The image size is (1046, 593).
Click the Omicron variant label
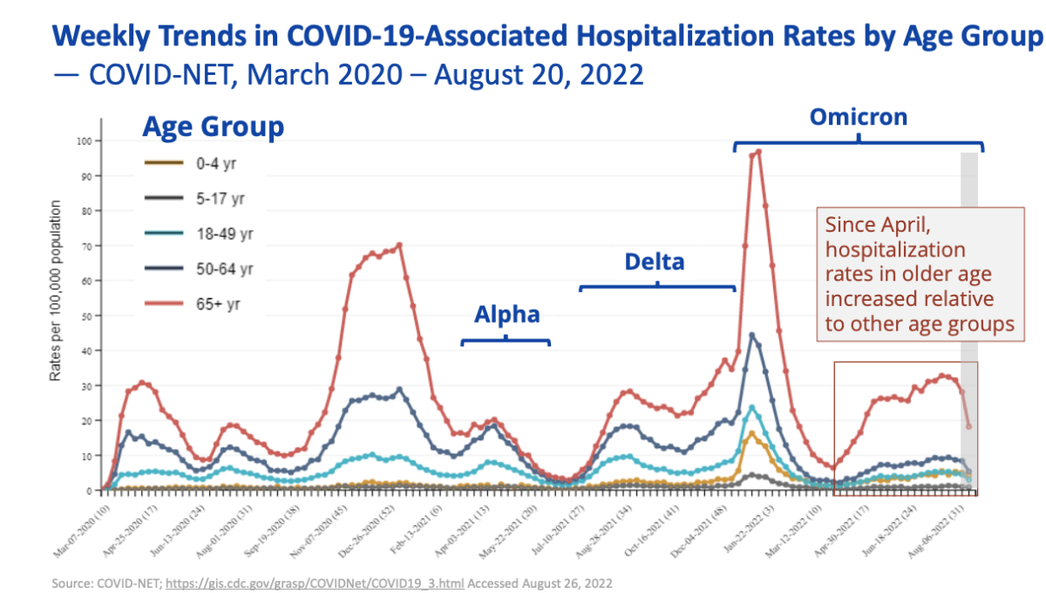[859, 117]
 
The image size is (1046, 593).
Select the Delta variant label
[654, 262]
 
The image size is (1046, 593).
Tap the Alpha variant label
[506, 315]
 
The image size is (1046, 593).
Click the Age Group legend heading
[213, 127]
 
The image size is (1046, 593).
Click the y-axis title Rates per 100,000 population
[55, 290]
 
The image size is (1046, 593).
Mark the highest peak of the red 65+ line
[758, 152]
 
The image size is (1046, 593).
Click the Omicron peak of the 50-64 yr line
[751, 335]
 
